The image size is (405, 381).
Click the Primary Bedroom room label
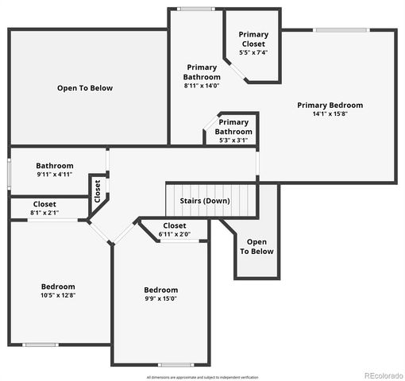tap(330, 105)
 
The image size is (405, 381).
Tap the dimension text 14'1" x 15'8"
tap(330, 114)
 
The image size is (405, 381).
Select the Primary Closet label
tap(254, 39)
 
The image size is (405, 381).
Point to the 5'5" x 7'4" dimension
tap(254, 52)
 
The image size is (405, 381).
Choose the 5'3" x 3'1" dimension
tap(233, 140)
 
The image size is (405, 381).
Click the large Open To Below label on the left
tap(85, 88)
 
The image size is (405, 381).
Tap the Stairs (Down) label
tap(206, 201)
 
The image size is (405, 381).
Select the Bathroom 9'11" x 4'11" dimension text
tap(55, 174)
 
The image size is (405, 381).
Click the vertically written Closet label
tap(98, 191)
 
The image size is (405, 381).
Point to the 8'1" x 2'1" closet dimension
tap(44, 213)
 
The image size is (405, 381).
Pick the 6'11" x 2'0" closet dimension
tap(175, 234)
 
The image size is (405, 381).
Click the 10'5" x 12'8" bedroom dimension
tap(58, 295)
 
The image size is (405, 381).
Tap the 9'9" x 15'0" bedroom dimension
tap(160, 299)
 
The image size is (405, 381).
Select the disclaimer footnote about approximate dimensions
tap(202, 376)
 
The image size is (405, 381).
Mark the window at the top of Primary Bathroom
tap(195, 9)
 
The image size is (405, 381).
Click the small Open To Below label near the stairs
tap(256, 246)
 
